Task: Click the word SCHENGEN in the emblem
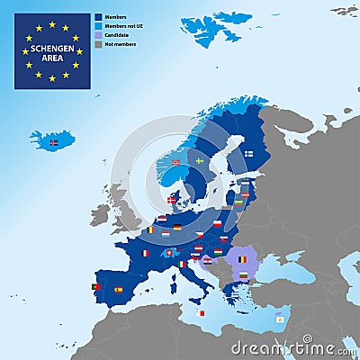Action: coord(51,49)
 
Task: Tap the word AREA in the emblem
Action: coord(51,58)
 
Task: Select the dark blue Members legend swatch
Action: coord(98,17)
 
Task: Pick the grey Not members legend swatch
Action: coord(98,44)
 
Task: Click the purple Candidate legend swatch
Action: coord(98,35)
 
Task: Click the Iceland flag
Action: coord(53,142)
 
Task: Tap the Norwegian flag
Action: coord(176,163)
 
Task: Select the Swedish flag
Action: coord(200,160)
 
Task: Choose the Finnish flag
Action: coord(248,153)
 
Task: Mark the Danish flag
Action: coord(172,201)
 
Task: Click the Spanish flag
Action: coord(118,290)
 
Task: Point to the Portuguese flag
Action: coord(96,287)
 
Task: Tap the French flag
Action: coord(144,253)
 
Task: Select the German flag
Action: coord(177,228)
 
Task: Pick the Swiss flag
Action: coord(166,253)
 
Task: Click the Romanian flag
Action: coord(242,259)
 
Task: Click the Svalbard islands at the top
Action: coord(211,27)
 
